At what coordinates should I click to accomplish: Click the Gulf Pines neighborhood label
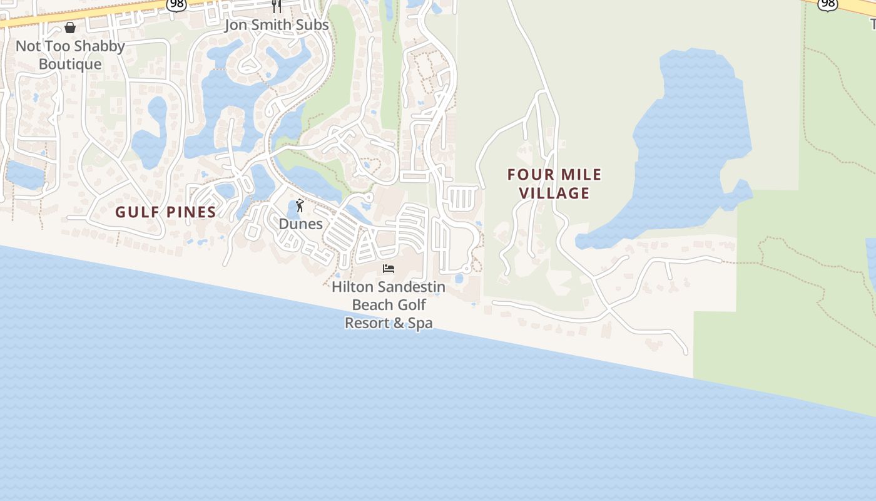coord(166,212)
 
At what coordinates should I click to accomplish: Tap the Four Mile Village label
coord(554,183)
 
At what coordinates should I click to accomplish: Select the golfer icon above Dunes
coord(300,205)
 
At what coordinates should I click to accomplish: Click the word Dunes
coord(301,224)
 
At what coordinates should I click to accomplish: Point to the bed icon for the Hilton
coord(389,269)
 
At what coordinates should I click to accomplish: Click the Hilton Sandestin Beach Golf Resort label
coord(389,305)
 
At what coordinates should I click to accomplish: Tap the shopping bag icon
coord(70,28)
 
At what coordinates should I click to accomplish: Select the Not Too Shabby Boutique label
coord(70,55)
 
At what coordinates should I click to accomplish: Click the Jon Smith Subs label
coord(277,26)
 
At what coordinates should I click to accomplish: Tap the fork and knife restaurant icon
coord(277,6)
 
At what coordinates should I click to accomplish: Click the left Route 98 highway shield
coord(176,5)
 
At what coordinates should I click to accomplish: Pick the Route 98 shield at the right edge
coord(828,4)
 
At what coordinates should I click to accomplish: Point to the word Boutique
coord(70,65)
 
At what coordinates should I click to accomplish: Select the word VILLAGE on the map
coord(554,193)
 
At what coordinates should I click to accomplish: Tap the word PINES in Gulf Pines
coord(190,212)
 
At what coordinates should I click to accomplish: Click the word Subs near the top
coord(312,26)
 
